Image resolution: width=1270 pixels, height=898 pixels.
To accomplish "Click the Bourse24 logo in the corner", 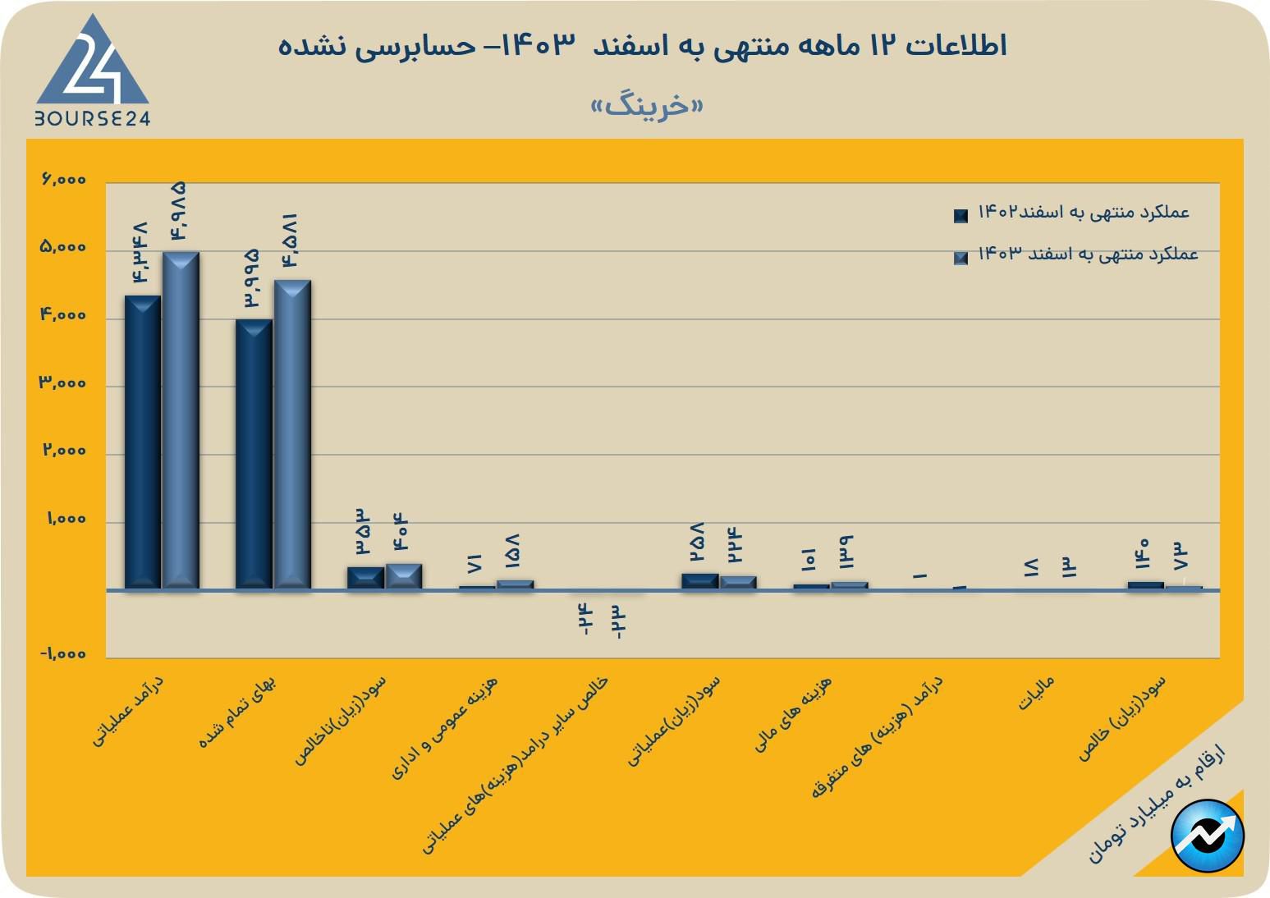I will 92,72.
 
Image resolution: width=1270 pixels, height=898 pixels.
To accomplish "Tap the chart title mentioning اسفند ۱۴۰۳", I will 642,45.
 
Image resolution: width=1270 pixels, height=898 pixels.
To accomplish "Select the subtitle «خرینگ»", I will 647,106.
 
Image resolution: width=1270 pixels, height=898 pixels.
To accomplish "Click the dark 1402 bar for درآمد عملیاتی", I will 142,442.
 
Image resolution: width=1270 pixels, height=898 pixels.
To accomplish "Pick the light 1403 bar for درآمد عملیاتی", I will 181,420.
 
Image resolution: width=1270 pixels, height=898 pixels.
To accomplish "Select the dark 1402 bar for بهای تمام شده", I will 254,453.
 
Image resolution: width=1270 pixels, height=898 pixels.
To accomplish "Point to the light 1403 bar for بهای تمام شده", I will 292,434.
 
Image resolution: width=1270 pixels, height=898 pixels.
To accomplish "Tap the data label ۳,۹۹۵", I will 251,279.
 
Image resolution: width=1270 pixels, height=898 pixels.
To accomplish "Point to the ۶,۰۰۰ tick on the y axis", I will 63,180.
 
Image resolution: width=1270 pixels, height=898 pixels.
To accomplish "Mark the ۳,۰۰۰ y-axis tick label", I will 63,383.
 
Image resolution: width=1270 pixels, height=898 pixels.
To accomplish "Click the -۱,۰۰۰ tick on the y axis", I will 62,654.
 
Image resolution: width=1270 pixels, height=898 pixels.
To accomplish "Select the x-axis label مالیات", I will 1036,694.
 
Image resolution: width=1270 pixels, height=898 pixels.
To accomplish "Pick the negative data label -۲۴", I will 584,619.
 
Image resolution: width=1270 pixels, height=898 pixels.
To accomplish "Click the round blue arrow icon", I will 1208,835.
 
